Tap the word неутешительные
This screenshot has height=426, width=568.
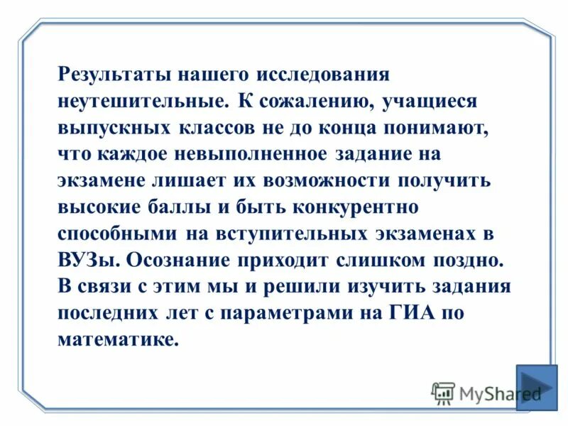[142, 100]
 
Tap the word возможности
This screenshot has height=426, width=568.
[333, 180]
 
